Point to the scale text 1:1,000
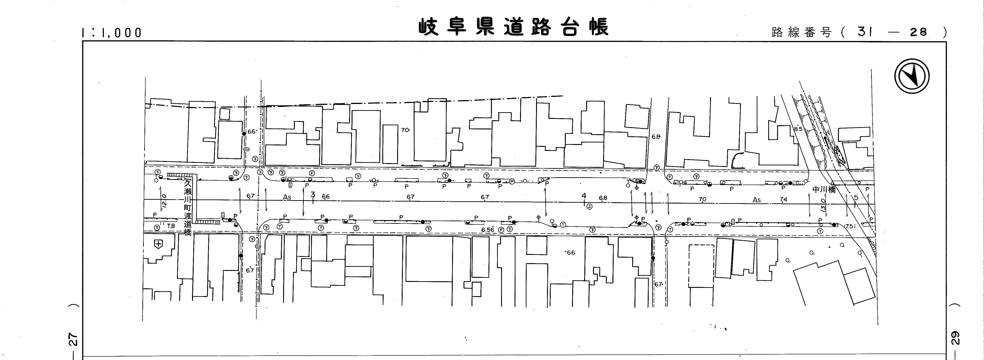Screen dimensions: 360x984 point(111,33)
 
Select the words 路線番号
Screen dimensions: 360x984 point(801,33)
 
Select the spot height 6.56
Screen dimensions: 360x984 point(487,230)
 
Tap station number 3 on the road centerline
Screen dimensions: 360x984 point(313,194)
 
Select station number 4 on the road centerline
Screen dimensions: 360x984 point(584,196)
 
